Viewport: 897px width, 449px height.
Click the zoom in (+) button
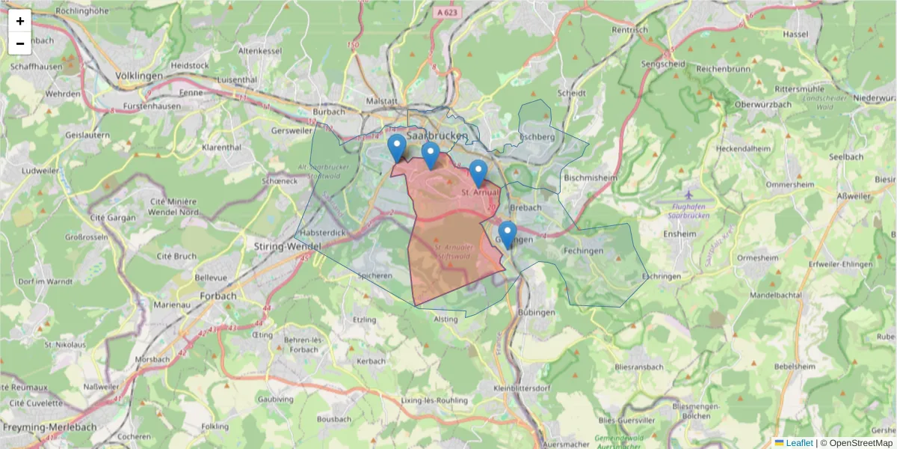point(20,21)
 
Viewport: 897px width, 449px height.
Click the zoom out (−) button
point(20,43)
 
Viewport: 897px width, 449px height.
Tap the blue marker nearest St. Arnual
point(478,173)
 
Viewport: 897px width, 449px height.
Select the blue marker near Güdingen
point(508,234)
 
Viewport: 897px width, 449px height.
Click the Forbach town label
point(218,296)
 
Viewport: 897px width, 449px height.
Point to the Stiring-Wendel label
point(288,246)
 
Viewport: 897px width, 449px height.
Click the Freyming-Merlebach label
point(49,427)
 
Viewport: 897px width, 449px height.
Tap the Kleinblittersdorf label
point(523,388)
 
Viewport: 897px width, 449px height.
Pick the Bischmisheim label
point(591,178)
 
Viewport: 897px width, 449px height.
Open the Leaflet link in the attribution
point(798,443)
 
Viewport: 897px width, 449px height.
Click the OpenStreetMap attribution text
point(860,443)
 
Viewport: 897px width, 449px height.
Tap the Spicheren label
point(375,275)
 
